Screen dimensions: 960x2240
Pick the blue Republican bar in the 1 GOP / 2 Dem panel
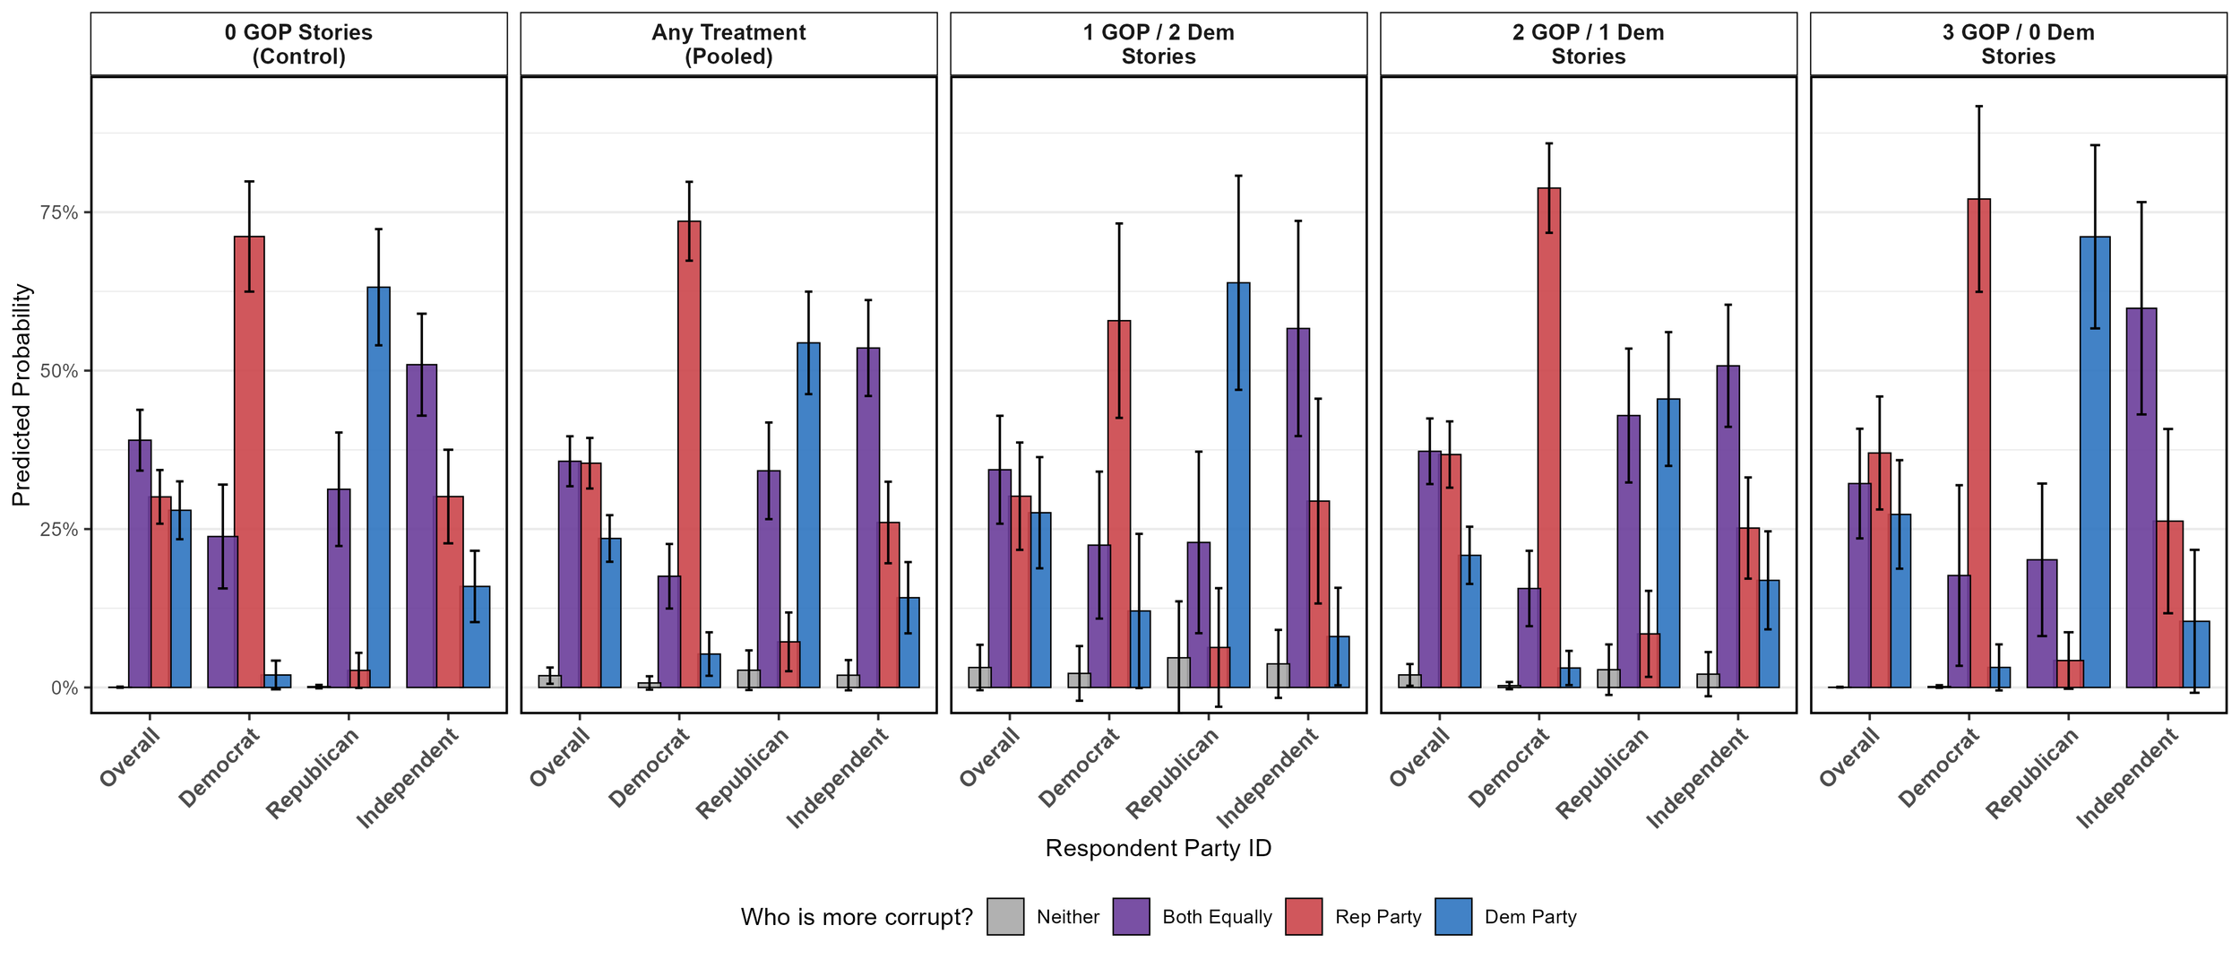1238,485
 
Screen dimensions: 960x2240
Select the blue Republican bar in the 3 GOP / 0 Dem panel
2095,462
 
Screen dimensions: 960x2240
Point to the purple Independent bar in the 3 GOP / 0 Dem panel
2141,497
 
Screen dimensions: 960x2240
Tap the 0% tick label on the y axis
65,688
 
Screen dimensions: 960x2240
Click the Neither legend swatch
1005,917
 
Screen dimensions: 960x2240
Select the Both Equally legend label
1217,917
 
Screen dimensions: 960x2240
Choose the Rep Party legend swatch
1304,917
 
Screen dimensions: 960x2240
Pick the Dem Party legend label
1530,917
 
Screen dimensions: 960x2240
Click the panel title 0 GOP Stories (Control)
298,44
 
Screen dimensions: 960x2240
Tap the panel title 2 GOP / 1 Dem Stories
1588,44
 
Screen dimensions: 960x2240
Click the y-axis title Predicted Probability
22,394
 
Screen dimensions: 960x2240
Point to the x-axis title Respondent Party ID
1158,848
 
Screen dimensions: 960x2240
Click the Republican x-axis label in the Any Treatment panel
743,773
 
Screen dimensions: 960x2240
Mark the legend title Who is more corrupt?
856,917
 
